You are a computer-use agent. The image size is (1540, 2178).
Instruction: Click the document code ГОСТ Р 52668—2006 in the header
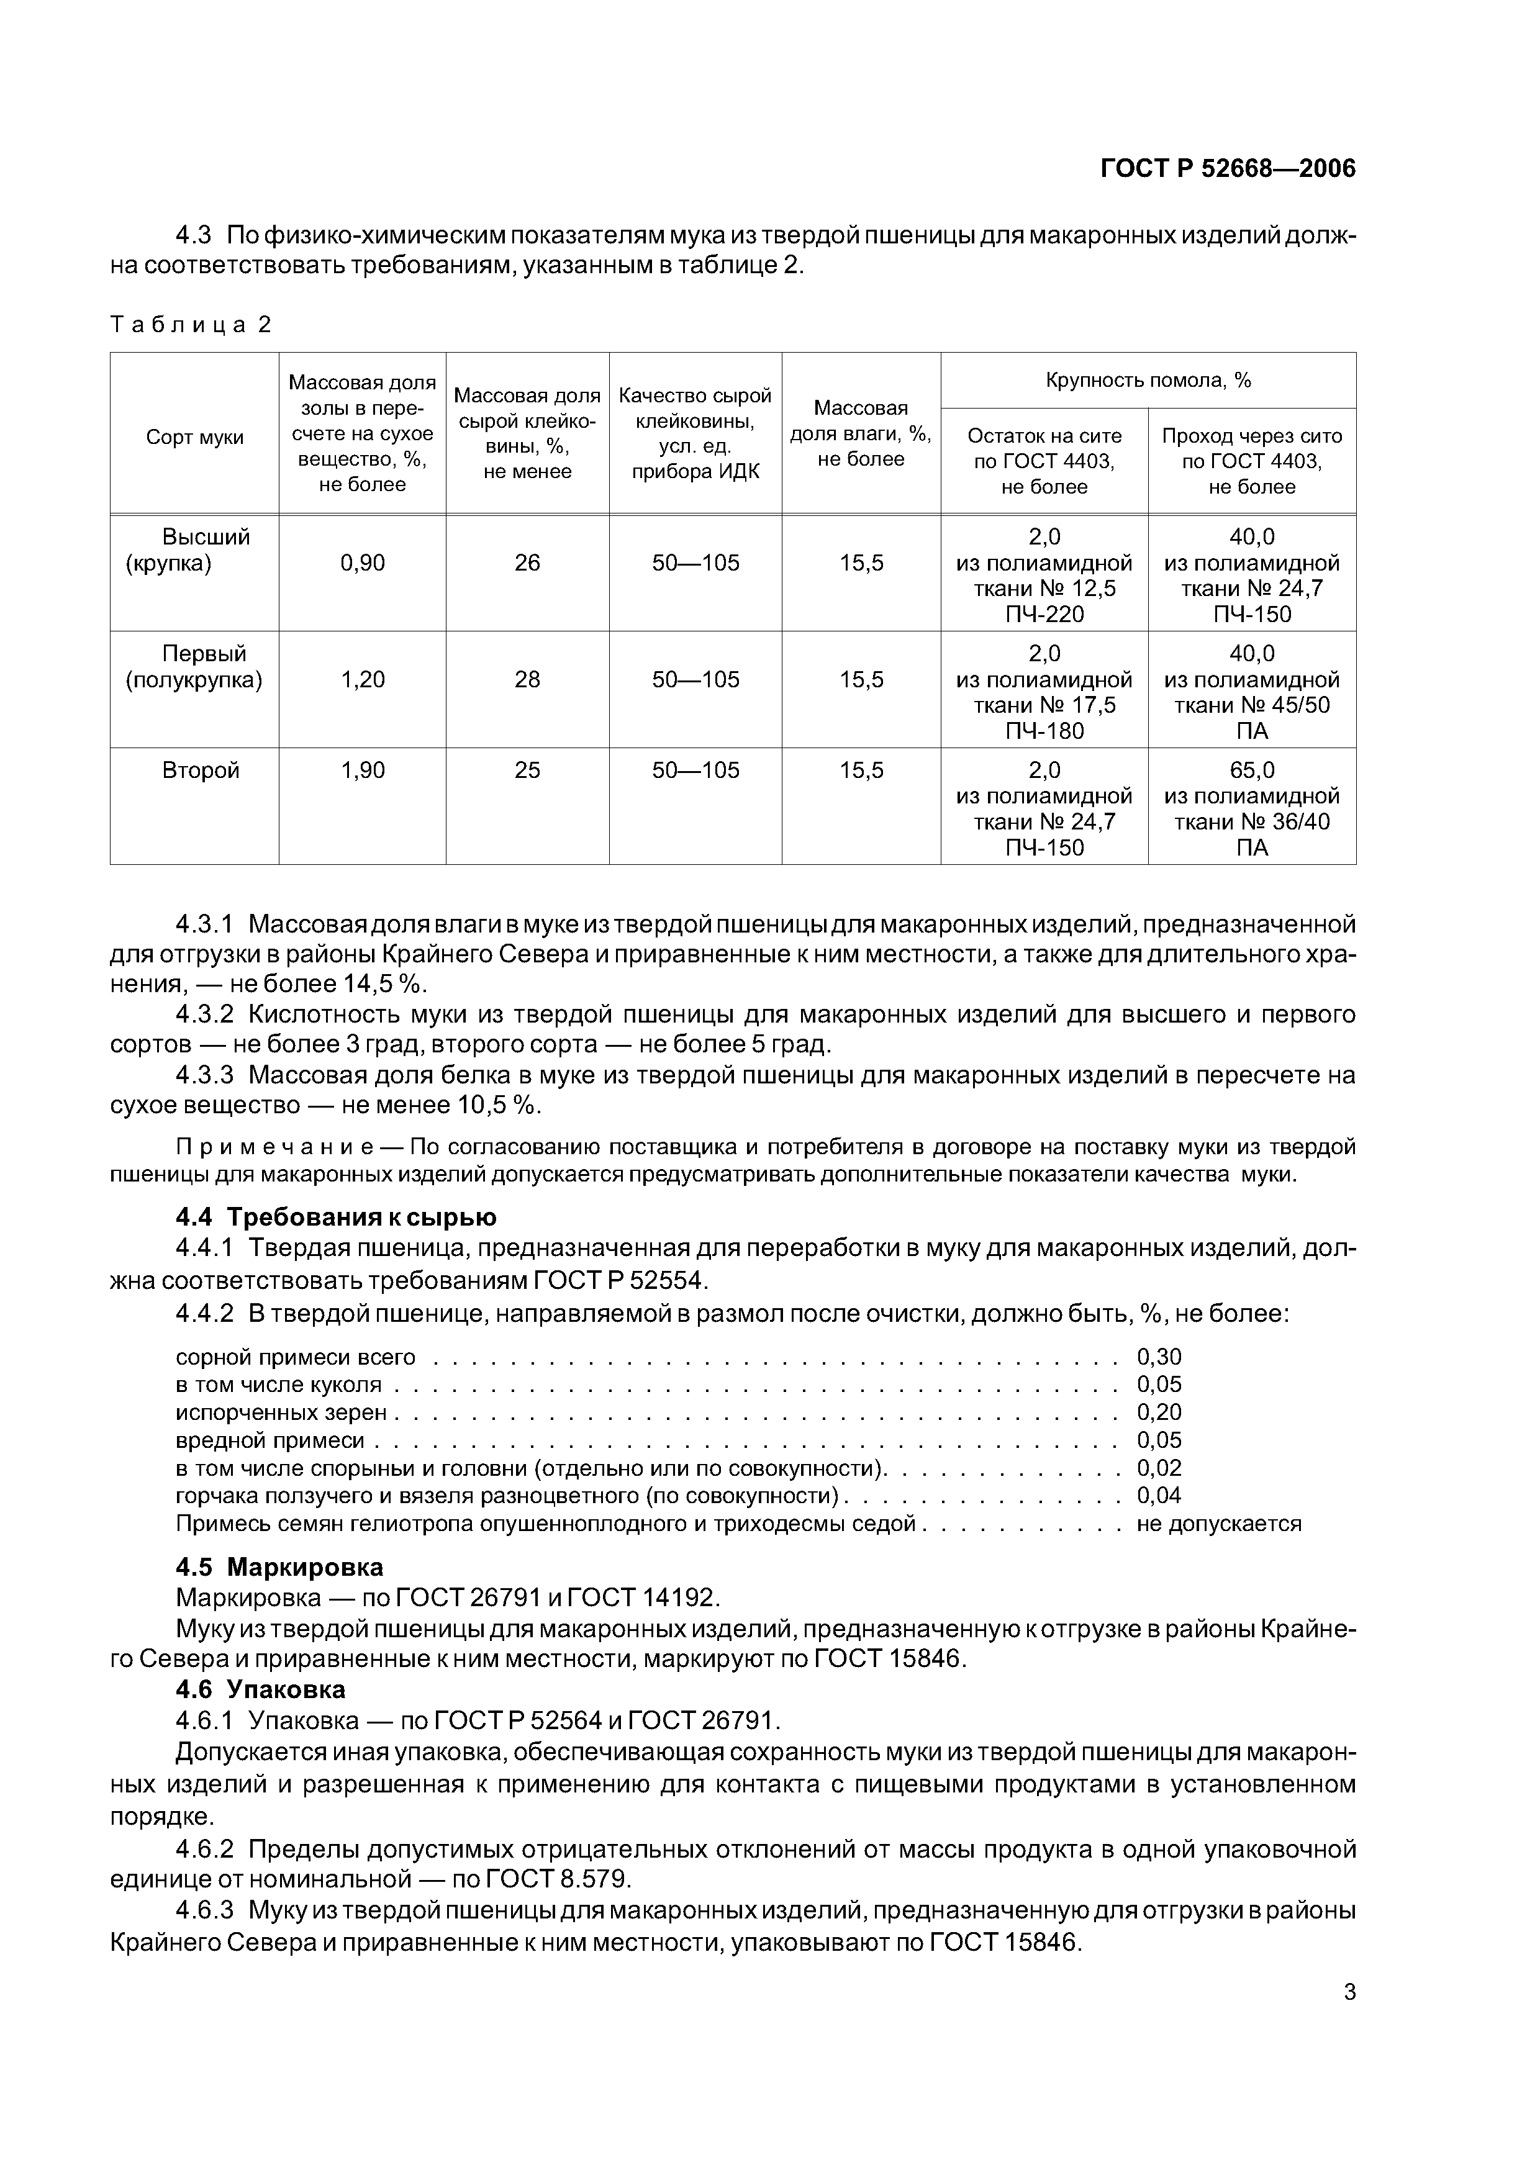[x=1227, y=169]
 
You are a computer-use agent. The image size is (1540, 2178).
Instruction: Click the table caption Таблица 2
[x=191, y=325]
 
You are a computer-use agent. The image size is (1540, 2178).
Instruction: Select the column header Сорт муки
[x=194, y=437]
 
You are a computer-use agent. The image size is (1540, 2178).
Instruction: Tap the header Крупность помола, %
[x=1147, y=381]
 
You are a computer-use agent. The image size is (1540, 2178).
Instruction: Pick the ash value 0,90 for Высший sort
[x=363, y=564]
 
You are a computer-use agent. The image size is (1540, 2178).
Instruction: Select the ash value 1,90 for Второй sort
[x=363, y=770]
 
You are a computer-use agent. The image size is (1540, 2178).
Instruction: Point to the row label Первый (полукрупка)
[x=194, y=667]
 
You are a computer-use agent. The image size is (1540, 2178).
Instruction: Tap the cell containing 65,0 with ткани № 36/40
[x=1251, y=808]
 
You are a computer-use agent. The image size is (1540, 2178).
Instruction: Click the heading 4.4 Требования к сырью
[x=336, y=1217]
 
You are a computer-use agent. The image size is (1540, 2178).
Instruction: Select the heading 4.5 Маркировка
[x=279, y=1567]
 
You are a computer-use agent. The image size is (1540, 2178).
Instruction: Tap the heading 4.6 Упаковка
[x=261, y=1689]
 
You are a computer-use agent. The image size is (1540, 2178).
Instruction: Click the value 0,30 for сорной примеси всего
[x=1159, y=1357]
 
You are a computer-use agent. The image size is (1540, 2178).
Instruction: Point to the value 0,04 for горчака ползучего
[x=1159, y=1496]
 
